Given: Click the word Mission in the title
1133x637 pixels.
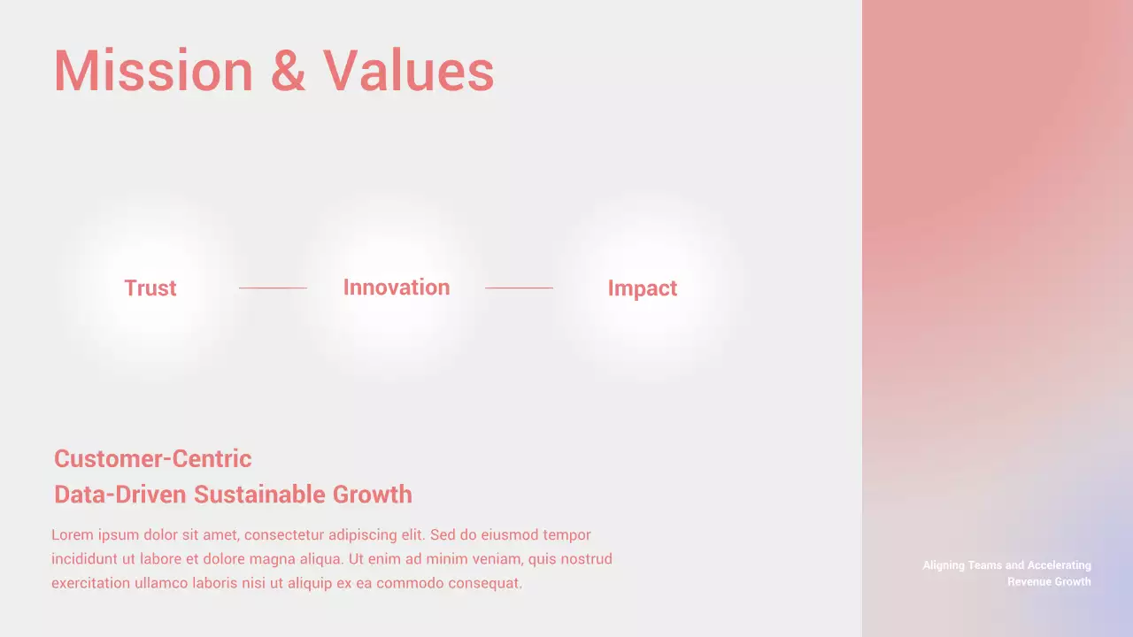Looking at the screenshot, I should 153,71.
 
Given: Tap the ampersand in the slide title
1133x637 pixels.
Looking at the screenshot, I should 288,71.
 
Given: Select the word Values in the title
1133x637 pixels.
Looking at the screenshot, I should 408,71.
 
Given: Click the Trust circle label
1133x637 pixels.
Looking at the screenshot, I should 150,288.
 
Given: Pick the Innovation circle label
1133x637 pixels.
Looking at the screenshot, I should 397,288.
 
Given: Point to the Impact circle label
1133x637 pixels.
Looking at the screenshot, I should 643,288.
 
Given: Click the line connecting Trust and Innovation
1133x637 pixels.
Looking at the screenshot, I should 273,288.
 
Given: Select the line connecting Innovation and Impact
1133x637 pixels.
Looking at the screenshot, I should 519,288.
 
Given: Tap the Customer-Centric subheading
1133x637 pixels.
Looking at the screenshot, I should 152,459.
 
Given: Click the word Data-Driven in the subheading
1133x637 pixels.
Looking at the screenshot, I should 120,495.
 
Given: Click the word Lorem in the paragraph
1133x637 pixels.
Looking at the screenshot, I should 72,535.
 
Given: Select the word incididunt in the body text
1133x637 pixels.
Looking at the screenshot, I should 86,559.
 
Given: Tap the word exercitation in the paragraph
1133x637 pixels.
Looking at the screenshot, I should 90,584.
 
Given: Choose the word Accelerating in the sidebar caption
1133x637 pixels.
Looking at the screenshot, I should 1060,565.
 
